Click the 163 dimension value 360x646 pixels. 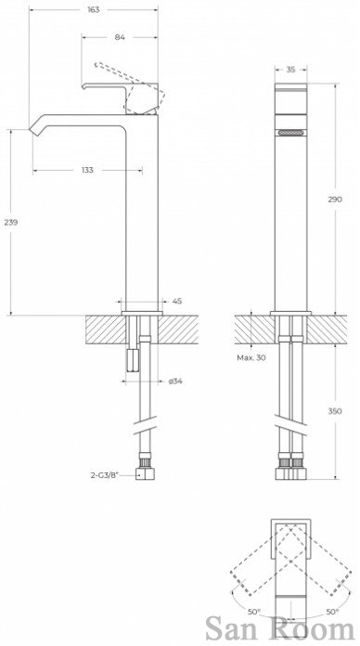[94, 10]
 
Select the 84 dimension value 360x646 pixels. [120, 37]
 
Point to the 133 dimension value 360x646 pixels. [87, 170]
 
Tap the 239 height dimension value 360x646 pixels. [11, 222]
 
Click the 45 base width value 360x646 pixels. [176, 301]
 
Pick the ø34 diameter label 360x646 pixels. [175, 381]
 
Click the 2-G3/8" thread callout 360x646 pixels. [104, 474]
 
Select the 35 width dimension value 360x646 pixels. [290, 70]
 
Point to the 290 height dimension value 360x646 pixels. [335, 200]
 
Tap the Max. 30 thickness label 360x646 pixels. [251, 357]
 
